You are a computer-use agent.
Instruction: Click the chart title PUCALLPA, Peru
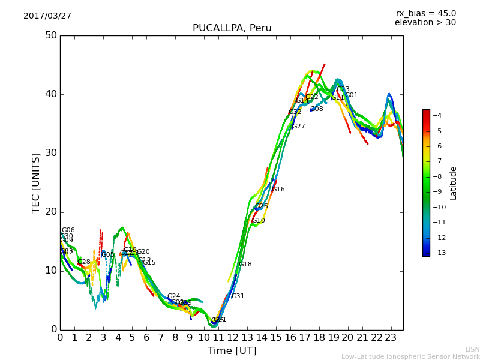(x=232, y=28)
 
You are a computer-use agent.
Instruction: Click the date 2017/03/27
(x=47, y=16)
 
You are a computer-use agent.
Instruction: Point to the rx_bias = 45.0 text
(x=425, y=13)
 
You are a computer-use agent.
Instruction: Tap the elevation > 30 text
(x=425, y=23)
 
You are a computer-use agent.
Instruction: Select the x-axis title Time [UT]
(x=232, y=351)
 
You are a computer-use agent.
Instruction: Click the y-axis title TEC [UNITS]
(x=37, y=182)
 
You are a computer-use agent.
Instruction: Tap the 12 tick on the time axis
(x=233, y=338)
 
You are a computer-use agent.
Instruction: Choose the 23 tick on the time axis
(x=391, y=338)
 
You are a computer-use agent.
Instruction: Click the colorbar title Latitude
(x=454, y=182)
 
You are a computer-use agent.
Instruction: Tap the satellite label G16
(x=278, y=190)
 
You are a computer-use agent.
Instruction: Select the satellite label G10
(x=258, y=221)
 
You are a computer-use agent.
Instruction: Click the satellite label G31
(x=238, y=296)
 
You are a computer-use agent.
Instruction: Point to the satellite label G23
(x=343, y=89)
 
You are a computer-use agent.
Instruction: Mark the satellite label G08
(x=316, y=109)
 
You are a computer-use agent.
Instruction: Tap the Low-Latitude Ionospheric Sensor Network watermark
(x=410, y=357)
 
